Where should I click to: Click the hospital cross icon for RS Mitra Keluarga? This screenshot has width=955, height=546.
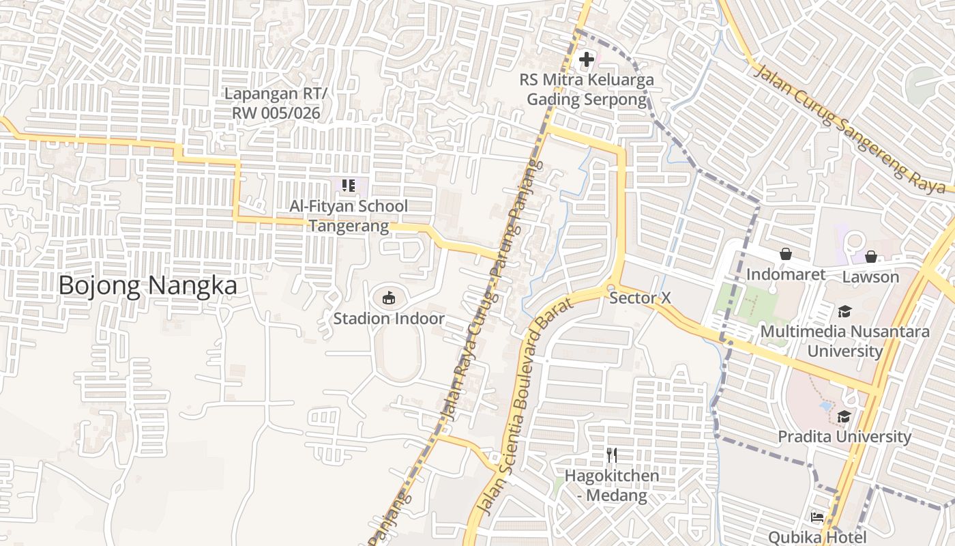coord(586,59)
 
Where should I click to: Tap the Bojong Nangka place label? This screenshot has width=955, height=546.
coord(147,285)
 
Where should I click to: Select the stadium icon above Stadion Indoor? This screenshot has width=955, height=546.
coord(388,298)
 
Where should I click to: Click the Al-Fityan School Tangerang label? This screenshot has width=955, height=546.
coord(349,216)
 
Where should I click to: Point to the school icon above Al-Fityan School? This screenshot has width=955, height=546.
coord(349,185)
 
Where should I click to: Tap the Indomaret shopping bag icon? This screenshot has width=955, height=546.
coord(786,254)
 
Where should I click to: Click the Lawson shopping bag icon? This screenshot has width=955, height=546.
coord(870,257)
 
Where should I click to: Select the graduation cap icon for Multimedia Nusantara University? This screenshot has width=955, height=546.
coord(844,312)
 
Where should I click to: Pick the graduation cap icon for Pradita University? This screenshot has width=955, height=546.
coord(844,416)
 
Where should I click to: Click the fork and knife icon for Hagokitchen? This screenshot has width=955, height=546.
coord(612,455)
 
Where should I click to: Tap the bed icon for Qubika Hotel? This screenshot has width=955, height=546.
coord(817,517)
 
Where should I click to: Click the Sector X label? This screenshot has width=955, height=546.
coord(640,298)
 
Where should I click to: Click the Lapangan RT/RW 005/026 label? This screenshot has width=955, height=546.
coord(276,103)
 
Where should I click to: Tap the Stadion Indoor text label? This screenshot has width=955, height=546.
coord(389,319)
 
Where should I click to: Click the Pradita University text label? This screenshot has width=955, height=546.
coord(844,436)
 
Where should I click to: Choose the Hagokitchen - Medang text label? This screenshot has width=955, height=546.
coord(612,485)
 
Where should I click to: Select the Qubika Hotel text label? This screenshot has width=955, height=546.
coord(817,537)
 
